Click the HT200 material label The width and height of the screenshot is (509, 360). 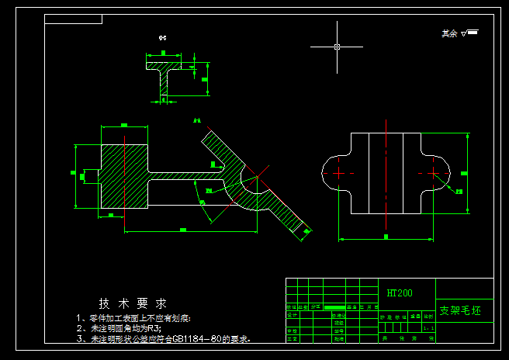400,293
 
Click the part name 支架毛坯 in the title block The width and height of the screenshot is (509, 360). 466,310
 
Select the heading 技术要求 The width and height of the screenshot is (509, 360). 132,303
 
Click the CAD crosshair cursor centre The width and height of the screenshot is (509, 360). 337,47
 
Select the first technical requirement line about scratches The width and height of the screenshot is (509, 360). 133,318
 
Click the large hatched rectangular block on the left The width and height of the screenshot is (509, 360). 124,175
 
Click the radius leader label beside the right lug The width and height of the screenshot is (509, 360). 459,191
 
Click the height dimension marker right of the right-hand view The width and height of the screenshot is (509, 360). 463,172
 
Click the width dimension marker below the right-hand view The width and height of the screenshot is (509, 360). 386,236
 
